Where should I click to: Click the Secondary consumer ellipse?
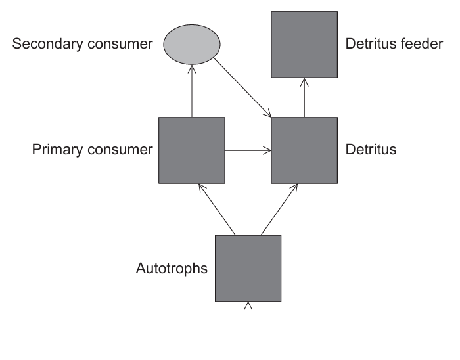click(x=191, y=45)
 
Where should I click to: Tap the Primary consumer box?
click(x=192, y=150)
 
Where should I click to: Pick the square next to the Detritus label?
click(x=304, y=150)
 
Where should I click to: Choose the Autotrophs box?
click(x=248, y=268)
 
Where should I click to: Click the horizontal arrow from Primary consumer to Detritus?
click(x=248, y=150)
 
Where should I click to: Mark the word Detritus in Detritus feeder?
click(x=370, y=45)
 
